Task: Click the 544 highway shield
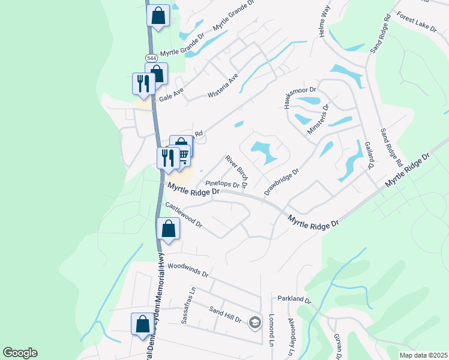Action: (x=151, y=58)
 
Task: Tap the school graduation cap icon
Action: (x=255, y=323)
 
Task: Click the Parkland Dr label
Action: (x=294, y=299)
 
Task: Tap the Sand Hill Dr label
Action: (x=224, y=314)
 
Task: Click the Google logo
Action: (x=20, y=353)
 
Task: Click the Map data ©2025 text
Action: (x=423, y=355)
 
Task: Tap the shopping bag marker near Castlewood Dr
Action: (x=168, y=229)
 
